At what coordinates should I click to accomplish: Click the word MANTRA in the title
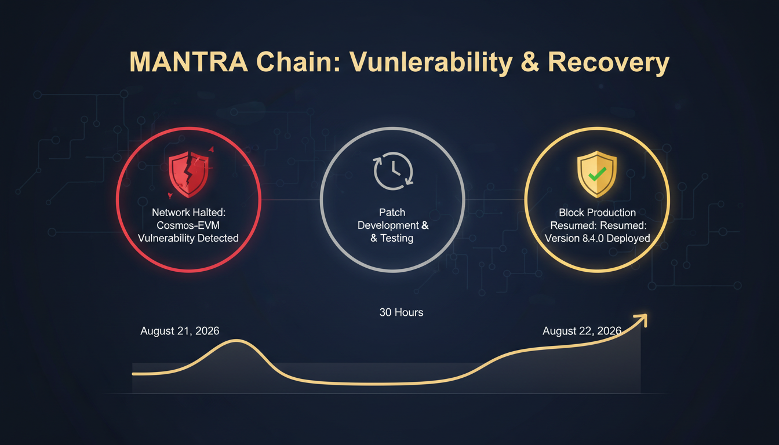click(x=188, y=62)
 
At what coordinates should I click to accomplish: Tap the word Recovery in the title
click(x=609, y=63)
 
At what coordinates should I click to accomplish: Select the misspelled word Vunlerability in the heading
click(x=431, y=63)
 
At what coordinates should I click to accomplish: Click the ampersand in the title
click(x=530, y=62)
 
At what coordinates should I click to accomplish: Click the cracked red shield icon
click(x=189, y=174)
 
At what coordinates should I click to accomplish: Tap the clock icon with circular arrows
click(x=393, y=171)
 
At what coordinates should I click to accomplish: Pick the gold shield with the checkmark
click(x=597, y=174)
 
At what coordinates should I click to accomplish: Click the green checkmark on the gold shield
click(x=597, y=174)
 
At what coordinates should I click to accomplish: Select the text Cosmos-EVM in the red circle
click(x=188, y=225)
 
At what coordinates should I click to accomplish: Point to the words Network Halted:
click(x=188, y=213)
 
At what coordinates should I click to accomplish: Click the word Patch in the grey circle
click(x=392, y=213)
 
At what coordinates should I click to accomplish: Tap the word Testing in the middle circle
click(x=397, y=238)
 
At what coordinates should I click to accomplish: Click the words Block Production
click(x=597, y=213)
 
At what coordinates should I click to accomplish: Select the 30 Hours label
click(x=401, y=312)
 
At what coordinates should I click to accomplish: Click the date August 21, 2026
click(x=180, y=331)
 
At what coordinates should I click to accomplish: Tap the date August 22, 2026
click(x=582, y=331)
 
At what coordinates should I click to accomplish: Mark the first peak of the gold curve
click(x=236, y=340)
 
